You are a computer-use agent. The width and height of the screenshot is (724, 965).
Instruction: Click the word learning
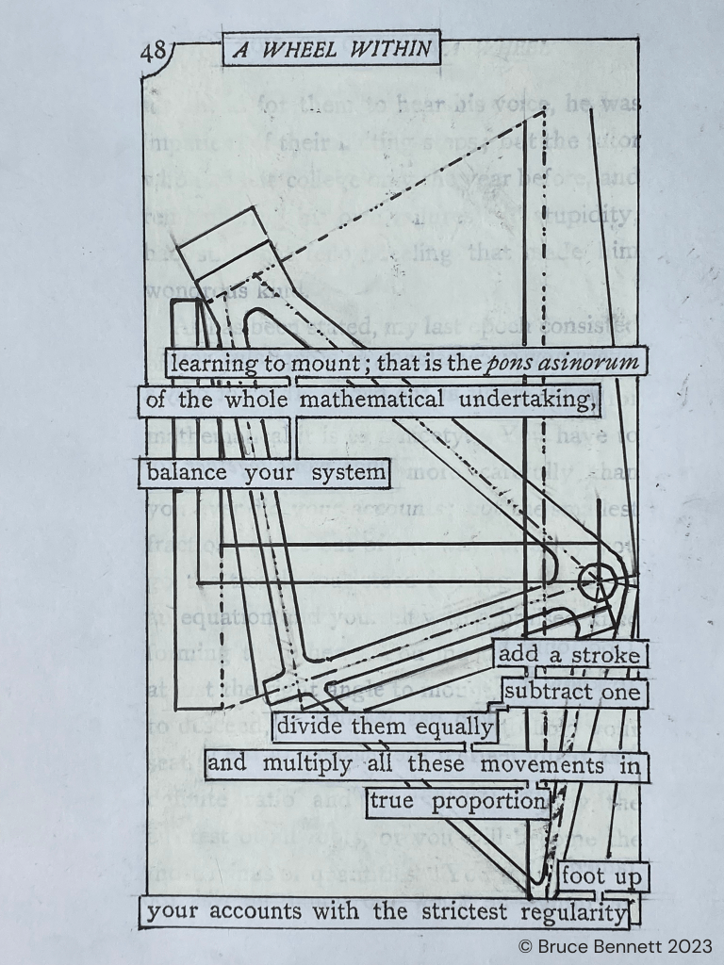point(210,363)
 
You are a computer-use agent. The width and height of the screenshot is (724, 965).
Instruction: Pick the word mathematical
point(373,401)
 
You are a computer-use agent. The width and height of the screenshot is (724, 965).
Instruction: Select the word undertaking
point(528,401)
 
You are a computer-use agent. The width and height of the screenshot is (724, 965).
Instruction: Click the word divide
point(312,728)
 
